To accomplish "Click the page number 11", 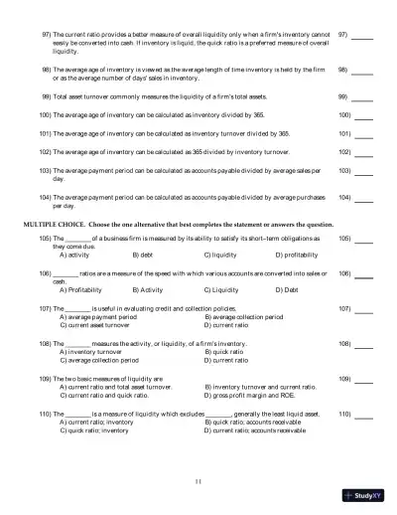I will point(198,482).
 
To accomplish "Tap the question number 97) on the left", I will point(46,34).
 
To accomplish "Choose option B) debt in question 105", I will point(142,255).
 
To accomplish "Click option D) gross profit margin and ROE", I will point(258,394).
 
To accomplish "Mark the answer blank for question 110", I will point(363,413).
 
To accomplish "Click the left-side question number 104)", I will point(45,197).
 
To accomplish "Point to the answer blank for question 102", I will point(363,152).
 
